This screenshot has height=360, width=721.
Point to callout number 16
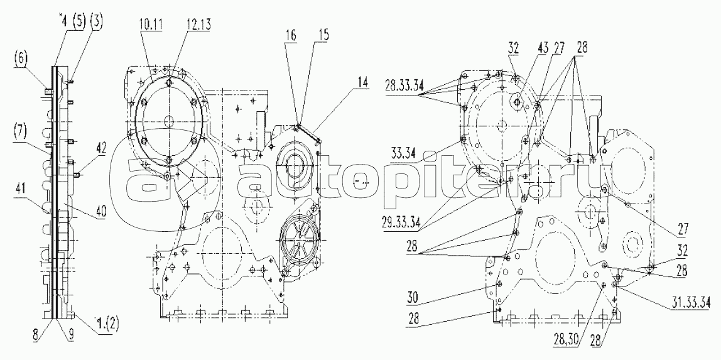click(290, 35)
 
